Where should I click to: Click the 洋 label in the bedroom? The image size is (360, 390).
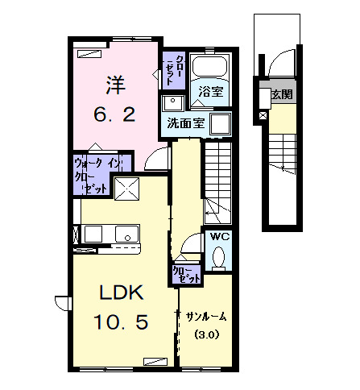(x=114, y=84)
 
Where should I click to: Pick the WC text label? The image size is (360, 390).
(x=220, y=237)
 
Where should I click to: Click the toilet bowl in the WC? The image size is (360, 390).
(x=220, y=257)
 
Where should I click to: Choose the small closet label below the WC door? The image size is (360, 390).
(x=186, y=274)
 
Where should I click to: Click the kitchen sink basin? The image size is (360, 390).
(x=126, y=234)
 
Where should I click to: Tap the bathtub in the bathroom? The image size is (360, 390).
(x=213, y=70)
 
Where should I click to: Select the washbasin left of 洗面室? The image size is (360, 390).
(x=172, y=103)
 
